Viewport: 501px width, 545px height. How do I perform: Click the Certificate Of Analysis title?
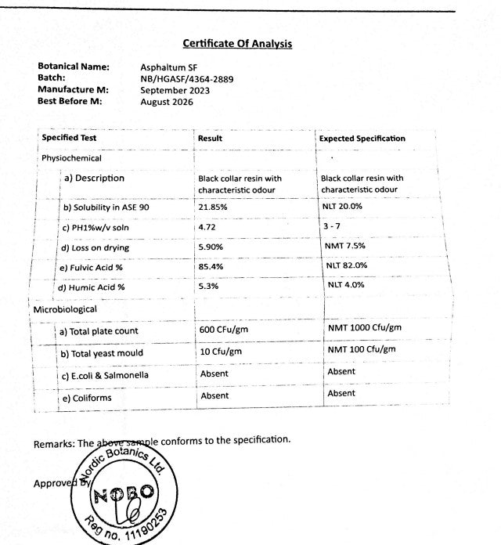(237, 44)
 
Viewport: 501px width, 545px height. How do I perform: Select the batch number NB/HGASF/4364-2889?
(186, 79)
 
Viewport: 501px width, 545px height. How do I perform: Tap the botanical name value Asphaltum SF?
(164, 67)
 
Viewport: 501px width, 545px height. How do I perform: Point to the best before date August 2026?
(166, 102)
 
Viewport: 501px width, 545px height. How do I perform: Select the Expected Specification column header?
(362, 139)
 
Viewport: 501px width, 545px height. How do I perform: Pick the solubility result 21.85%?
(212, 208)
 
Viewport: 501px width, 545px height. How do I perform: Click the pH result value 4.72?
(207, 228)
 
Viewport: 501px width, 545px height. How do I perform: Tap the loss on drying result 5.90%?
(211, 247)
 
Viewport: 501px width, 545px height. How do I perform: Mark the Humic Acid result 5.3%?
(207, 287)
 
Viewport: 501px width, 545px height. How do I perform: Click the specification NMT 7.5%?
(345, 246)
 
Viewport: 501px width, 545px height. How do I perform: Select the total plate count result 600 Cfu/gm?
(224, 330)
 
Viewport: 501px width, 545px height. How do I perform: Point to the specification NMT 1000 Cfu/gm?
(364, 327)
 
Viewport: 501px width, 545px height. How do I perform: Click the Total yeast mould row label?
(102, 353)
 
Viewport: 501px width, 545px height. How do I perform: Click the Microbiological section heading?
(65, 309)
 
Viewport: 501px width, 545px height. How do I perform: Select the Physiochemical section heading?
(71, 158)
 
